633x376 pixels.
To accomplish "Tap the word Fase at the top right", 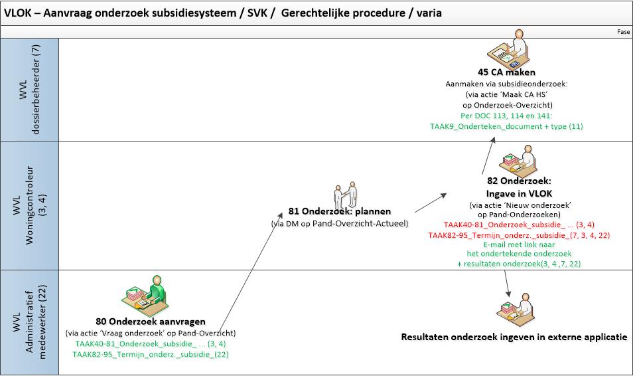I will pyautogui.click(x=623, y=31).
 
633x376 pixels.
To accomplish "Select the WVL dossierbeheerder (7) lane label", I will pyautogui.click(x=31, y=90).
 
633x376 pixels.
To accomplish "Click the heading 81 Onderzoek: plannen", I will pyautogui.click(x=348, y=212).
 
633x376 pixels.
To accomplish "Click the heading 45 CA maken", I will pyautogui.click(x=506, y=72).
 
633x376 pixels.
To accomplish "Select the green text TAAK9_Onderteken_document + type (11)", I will pyautogui.click(x=506, y=126).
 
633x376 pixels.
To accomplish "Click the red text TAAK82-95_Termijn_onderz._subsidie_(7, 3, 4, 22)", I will pyautogui.click(x=520, y=235).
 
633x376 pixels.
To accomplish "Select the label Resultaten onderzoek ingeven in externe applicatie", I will pyautogui.click(x=514, y=337).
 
